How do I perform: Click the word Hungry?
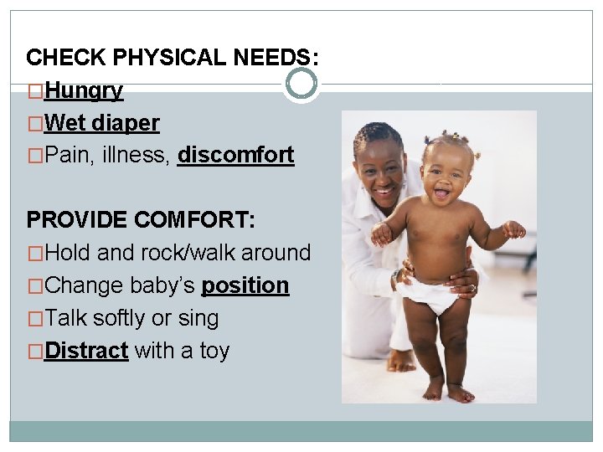84,90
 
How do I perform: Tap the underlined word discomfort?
235,155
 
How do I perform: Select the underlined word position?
245,285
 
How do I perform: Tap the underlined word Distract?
86,350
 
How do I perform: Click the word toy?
214,350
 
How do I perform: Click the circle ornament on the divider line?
301,83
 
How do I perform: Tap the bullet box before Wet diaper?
35,124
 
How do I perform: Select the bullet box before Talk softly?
35,319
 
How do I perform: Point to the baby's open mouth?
441,194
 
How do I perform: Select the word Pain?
64,155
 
